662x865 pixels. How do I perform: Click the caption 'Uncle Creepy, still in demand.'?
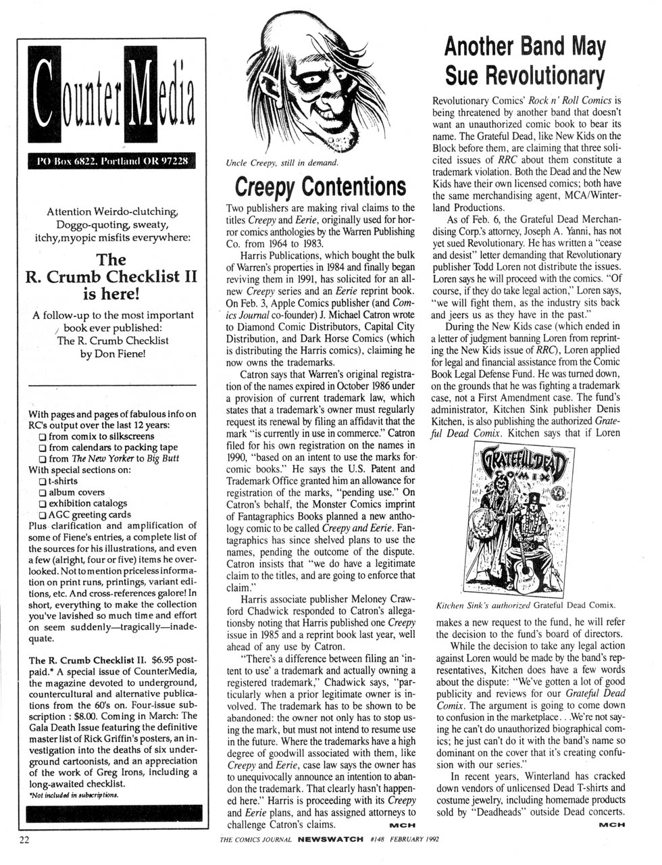click(282, 163)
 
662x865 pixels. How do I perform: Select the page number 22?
click(25, 840)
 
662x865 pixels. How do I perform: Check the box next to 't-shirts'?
click(43, 481)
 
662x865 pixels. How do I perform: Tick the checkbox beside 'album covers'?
click(43, 493)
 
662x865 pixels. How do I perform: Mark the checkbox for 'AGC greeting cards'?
click(43, 514)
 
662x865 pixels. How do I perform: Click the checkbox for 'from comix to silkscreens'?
click(43, 437)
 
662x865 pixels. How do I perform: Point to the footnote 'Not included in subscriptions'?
click(74, 795)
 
